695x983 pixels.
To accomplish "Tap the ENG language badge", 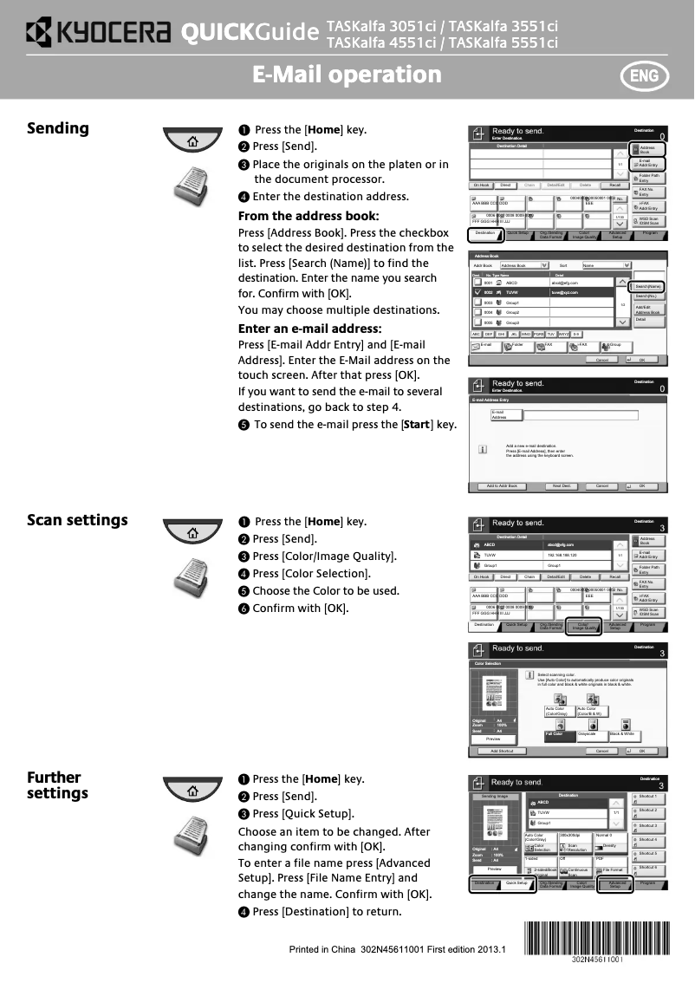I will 644,75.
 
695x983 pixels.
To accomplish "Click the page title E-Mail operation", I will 347,75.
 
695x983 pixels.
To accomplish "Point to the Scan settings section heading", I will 77,520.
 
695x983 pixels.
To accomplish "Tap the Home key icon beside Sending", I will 192,140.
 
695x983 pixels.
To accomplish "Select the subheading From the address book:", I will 309,216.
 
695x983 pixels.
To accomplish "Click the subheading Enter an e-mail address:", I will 309,329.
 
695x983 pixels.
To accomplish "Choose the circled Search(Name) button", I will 647,286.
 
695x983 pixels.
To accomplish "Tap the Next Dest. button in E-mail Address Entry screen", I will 561,486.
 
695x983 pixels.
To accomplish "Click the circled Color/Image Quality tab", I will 582,625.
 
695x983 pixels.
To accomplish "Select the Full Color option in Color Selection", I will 559,734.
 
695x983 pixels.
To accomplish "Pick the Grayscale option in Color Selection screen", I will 592,734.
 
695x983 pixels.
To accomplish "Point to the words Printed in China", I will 323,949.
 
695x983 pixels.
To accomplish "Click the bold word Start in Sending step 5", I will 417,425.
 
